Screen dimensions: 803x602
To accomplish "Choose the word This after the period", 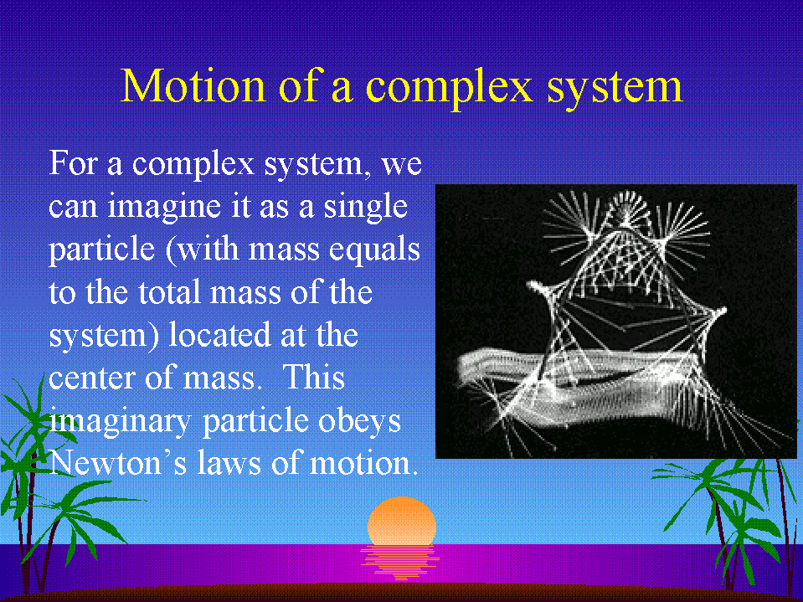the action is [x=313, y=378].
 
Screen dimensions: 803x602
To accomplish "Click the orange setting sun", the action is [x=402, y=521].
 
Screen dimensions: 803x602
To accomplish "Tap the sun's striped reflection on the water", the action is [x=400, y=562].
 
